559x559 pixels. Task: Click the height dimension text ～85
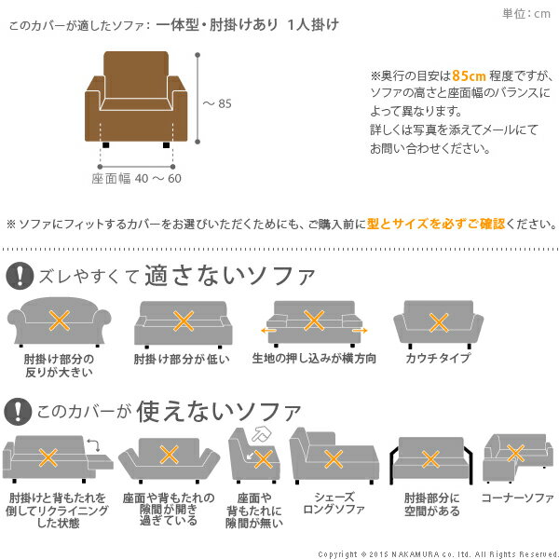(217, 104)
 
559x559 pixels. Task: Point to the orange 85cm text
(466, 76)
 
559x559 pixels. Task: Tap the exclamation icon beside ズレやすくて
(18, 277)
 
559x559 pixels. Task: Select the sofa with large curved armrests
(59, 323)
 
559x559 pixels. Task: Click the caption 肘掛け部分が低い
(182, 359)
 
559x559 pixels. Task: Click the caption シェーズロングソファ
(334, 504)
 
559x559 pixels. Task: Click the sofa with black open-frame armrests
(430, 458)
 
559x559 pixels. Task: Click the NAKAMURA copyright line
(437, 552)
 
